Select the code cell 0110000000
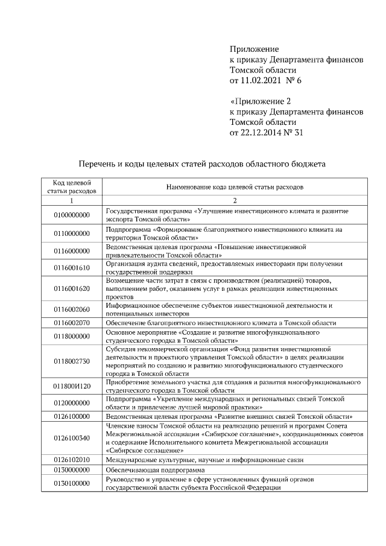(x=71, y=233)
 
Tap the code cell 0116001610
(x=71, y=267)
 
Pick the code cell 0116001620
(x=71, y=289)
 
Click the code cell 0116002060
(x=71, y=310)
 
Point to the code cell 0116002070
(x=71, y=323)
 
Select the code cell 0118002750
(x=71, y=361)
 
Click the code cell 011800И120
(x=71, y=386)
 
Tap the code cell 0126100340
(x=71, y=438)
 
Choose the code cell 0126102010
(x=71, y=459)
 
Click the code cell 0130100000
(x=71, y=483)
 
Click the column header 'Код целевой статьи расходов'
(x=71, y=187)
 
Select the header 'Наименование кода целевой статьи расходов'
(x=235, y=187)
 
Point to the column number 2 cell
(x=235, y=200)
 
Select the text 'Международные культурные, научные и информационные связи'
(x=204, y=459)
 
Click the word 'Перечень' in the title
(x=98, y=163)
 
